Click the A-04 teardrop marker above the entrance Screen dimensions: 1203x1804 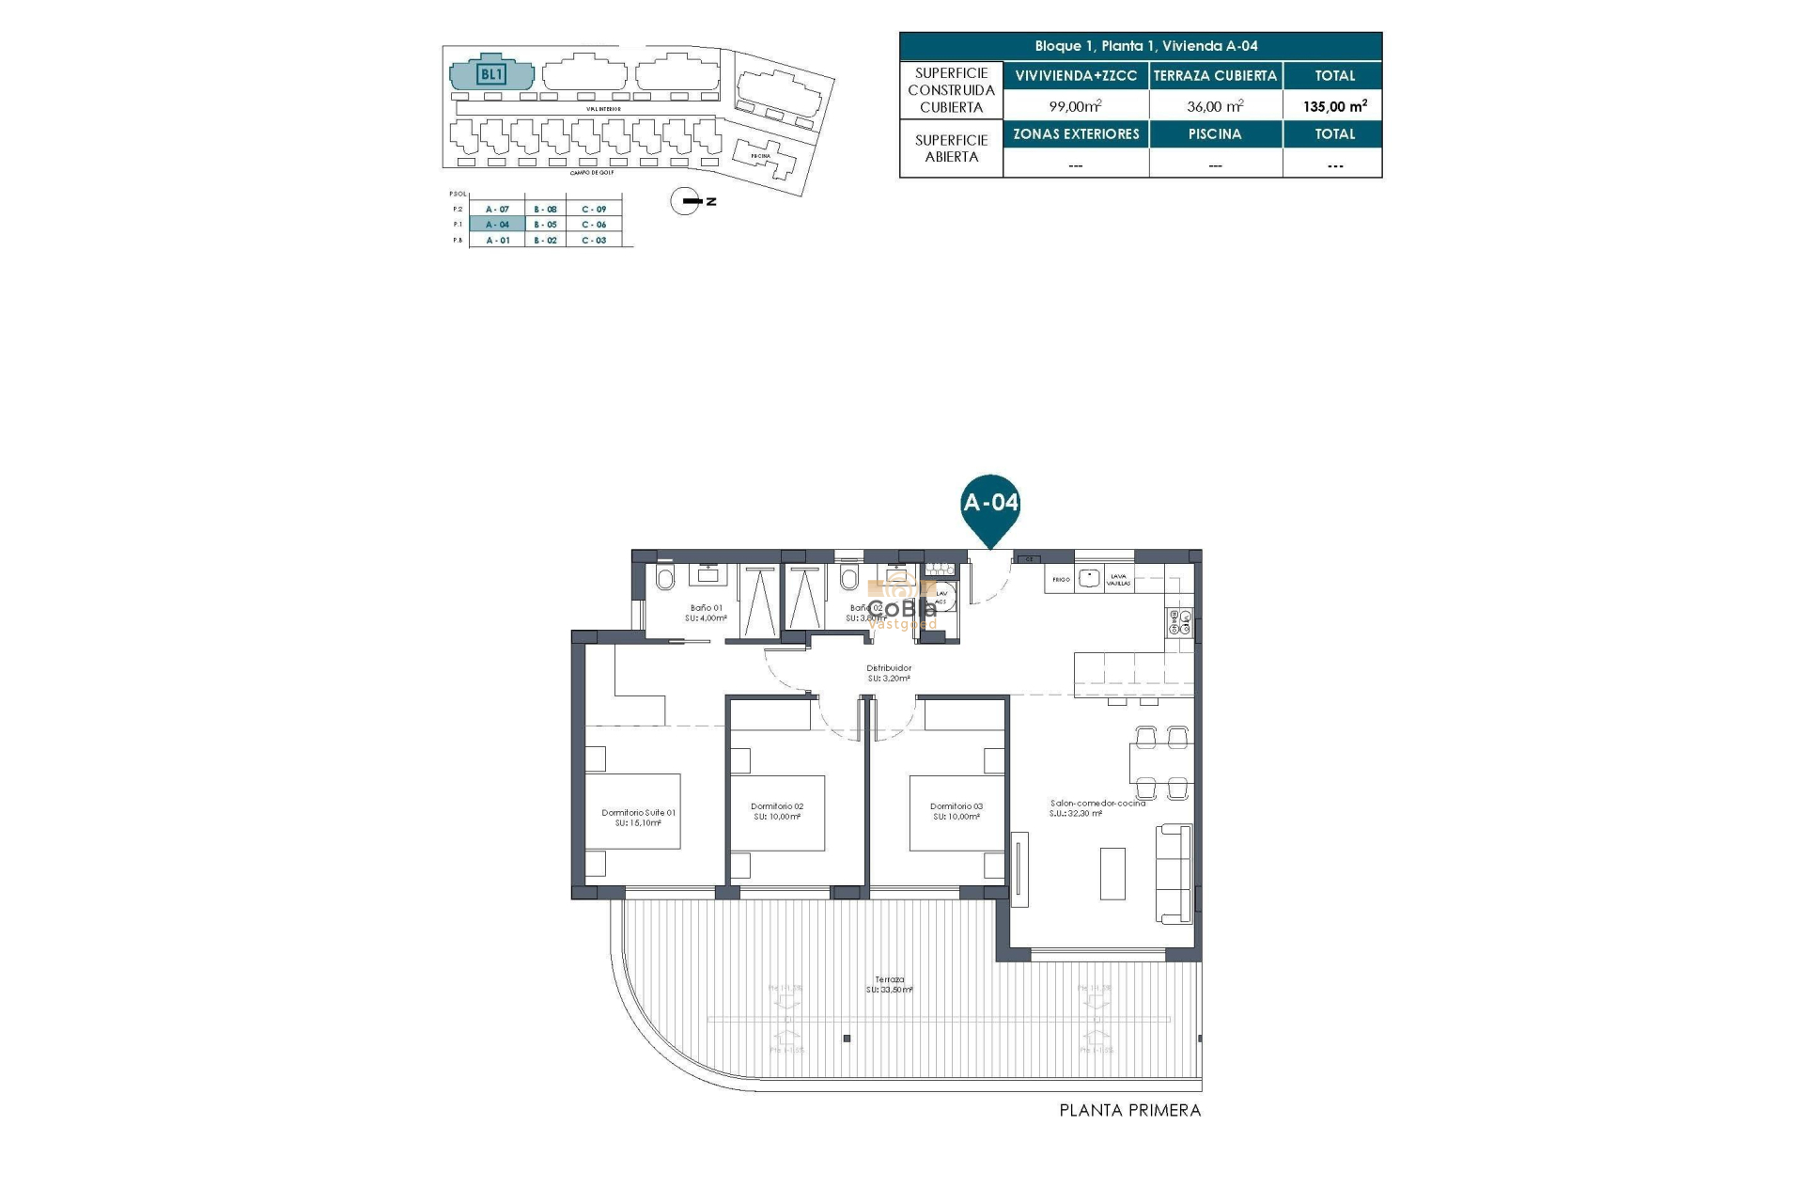[x=990, y=504]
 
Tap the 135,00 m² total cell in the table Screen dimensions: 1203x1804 [x=1334, y=106]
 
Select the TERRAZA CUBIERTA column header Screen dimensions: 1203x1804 [x=1215, y=76]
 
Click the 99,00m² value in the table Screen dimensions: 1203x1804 [x=1075, y=106]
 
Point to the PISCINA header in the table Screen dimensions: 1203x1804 [x=1215, y=134]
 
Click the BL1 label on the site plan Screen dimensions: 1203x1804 [x=491, y=74]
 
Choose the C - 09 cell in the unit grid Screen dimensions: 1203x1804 [x=594, y=210]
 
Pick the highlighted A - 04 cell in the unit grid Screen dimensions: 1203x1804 [x=497, y=225]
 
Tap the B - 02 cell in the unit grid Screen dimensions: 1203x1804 [x=545, y=241]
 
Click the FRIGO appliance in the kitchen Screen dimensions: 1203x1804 [x=1060, y=580]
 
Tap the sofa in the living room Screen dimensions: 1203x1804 [x=1174, y=875]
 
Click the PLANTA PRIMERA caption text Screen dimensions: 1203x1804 [x=1129, y=1110]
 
